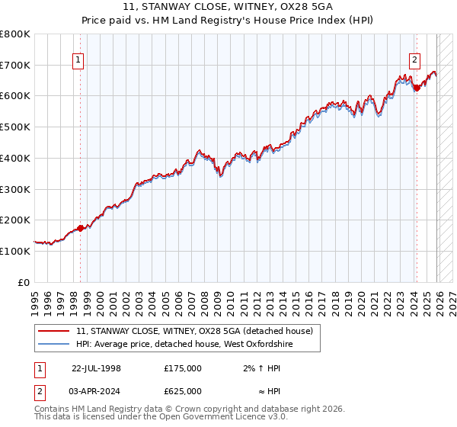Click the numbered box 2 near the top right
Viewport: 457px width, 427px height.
tap(414, 61)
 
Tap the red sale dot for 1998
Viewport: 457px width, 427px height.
tap(81, 227)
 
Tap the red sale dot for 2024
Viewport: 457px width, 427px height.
tap(417, 88)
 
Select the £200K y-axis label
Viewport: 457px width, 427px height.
tap(15, 220)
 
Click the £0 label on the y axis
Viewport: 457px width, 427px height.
tap(23, 282)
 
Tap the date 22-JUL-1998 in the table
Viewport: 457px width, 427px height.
tap(96, 368)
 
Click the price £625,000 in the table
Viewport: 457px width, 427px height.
tap(182, 390)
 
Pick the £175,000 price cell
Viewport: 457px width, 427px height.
tap(182, 368)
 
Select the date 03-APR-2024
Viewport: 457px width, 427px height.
tap(96, 390)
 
